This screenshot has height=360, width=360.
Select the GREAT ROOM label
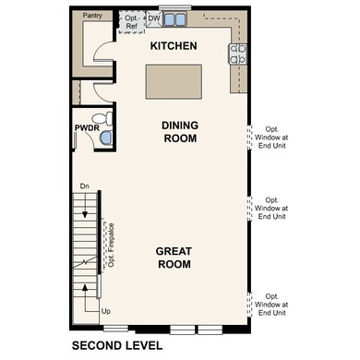[x=173, y=257]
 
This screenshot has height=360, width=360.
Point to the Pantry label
[x=92, y=16]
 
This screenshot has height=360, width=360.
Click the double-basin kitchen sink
[x=175, y=18]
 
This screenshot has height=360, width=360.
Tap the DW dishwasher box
[x=154, y=18]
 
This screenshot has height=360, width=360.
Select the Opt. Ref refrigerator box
[x=132, y=21]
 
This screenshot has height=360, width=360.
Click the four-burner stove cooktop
[x=238, y=54]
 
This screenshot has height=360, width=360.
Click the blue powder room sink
[x=105, y=138]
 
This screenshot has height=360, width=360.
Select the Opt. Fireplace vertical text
[x=110, y=245]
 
